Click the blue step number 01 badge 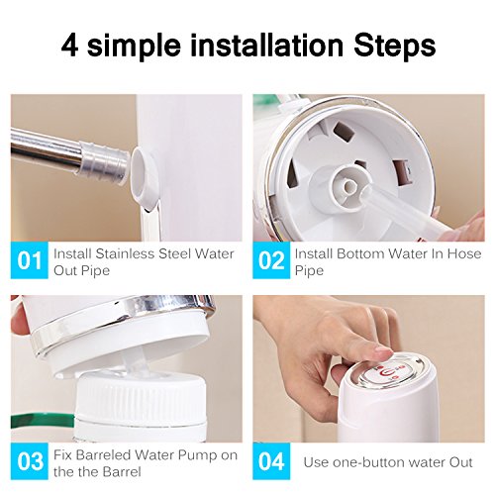coord(29,261)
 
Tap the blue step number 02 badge coord(271,261)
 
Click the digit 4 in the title coord(69,46)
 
